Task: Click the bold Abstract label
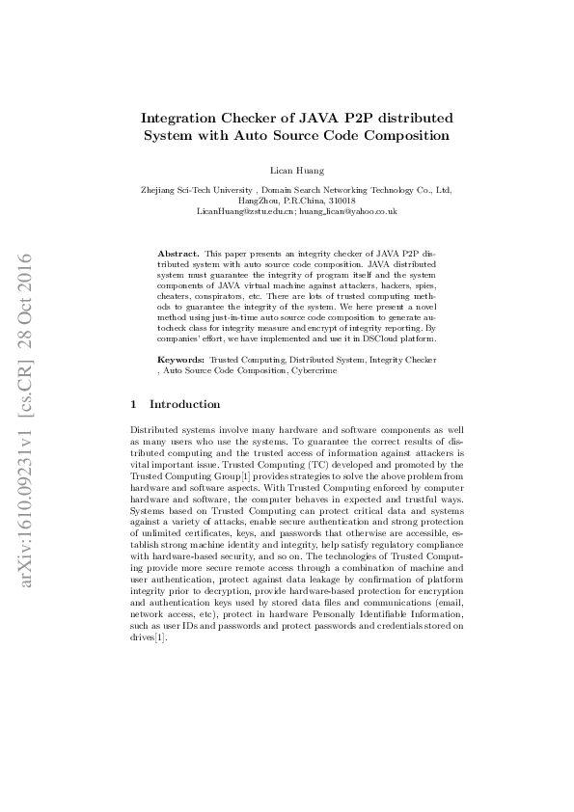(x=178, y=253)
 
